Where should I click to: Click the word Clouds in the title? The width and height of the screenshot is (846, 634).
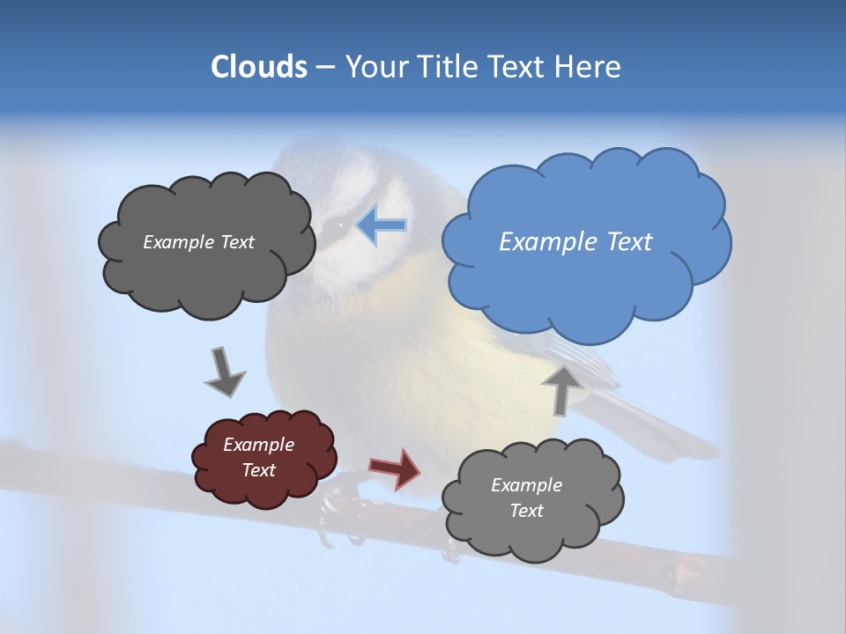258,67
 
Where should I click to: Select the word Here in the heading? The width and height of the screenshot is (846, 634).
590,67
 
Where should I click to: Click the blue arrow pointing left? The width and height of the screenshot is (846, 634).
382,225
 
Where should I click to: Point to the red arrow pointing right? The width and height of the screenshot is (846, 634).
396,468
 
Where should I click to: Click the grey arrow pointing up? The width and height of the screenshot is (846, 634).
562,388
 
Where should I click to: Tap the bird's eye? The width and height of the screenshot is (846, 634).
341,226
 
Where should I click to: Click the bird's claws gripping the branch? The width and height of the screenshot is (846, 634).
339,515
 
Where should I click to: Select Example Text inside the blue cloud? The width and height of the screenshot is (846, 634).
575,242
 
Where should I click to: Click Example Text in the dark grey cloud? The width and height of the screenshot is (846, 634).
198,242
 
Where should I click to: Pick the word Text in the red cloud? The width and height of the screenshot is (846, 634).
259,470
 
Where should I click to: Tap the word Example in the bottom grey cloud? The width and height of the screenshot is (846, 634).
526,485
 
